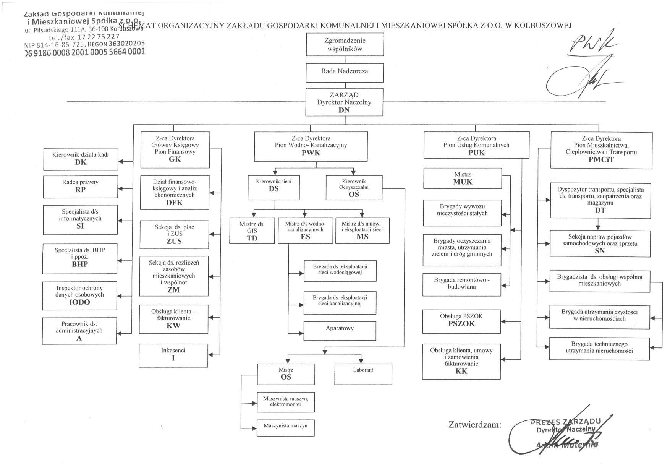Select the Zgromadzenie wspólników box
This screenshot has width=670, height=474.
345,45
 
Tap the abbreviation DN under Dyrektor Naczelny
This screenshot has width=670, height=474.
344,110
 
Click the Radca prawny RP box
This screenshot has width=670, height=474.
80,187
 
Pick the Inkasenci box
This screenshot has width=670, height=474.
173,355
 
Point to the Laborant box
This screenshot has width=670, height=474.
363,373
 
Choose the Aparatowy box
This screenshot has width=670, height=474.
340,331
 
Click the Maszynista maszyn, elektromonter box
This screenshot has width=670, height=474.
286,402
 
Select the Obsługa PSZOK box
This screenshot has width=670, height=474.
461,320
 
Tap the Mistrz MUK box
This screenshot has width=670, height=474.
463,179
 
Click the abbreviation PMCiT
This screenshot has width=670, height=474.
601,160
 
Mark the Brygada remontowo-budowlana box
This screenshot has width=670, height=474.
461,284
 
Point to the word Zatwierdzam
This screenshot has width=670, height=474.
474,424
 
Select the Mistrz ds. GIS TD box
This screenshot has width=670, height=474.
252,231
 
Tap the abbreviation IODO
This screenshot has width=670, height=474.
79,302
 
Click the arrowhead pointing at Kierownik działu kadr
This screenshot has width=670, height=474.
120,162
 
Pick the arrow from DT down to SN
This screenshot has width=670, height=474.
598,224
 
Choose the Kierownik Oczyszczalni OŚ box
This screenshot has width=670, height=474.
354,188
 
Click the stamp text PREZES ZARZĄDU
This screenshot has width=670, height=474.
566,422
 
